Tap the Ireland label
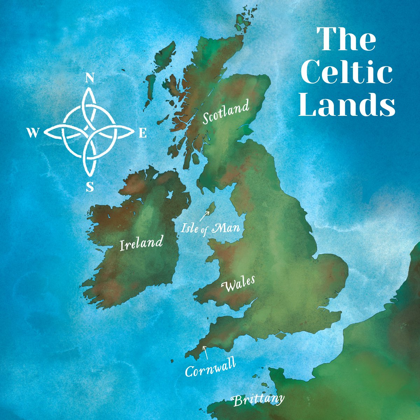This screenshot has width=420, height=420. pos(141,243)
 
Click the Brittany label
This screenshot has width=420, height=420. pos(258,400)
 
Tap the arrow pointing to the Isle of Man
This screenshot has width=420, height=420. pos(203,216)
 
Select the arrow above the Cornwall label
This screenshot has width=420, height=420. pos(205,352)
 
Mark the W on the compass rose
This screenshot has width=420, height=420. pos(33,133)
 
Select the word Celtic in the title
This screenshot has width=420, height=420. pos(346,71)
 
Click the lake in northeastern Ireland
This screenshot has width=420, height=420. pos(170,195)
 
